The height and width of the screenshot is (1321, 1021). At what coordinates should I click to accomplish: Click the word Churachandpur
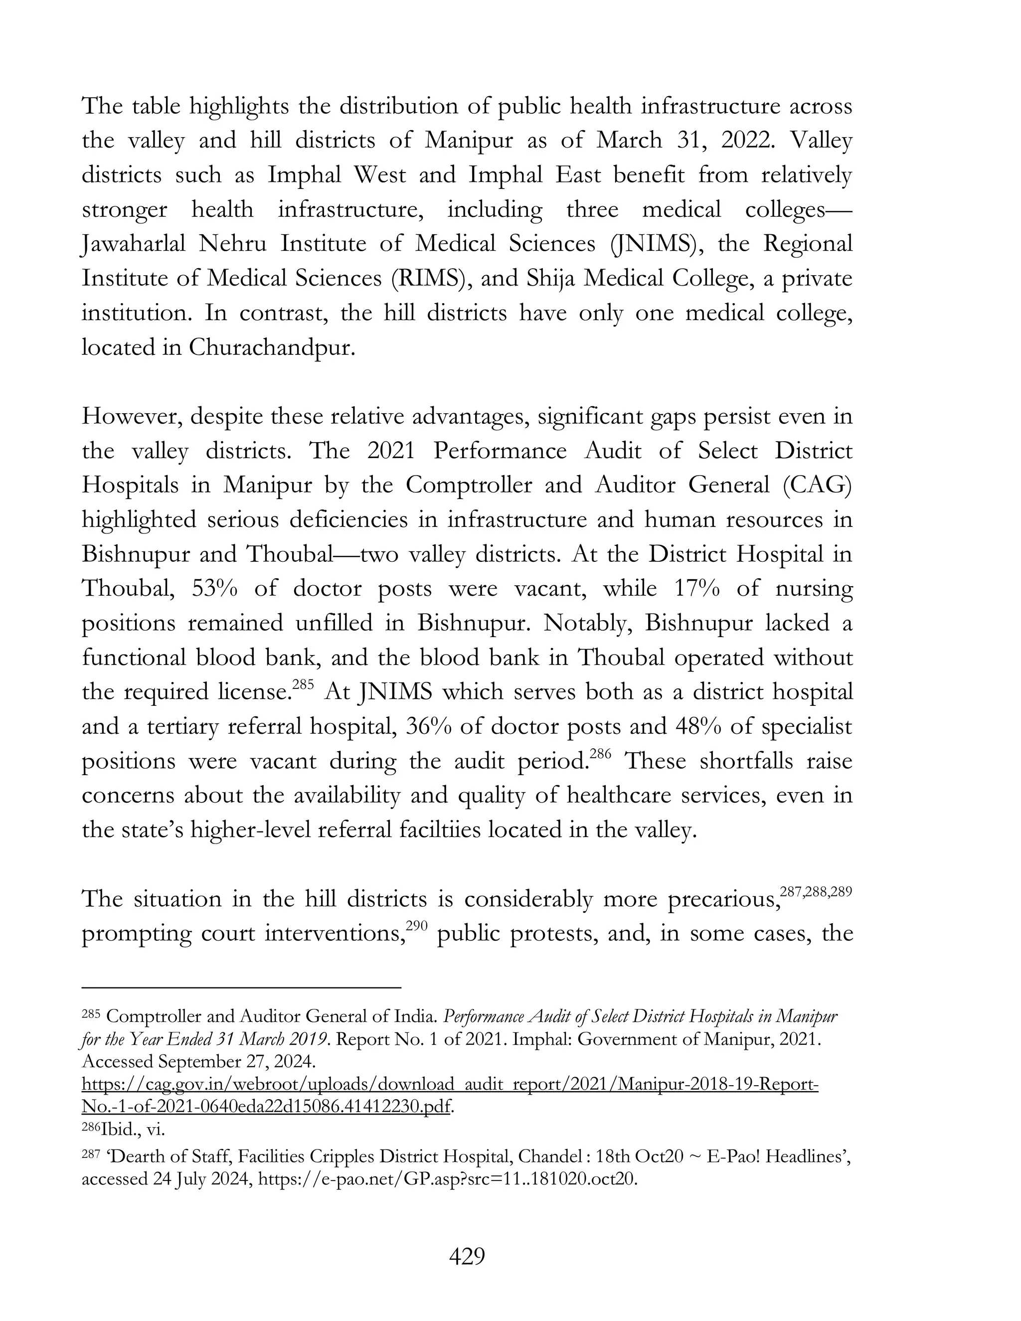tap(270, 348)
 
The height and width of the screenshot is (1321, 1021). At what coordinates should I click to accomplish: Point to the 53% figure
tap(215, 589)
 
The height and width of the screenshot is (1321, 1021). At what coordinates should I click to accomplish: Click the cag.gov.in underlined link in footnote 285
tap(450, 1084)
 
